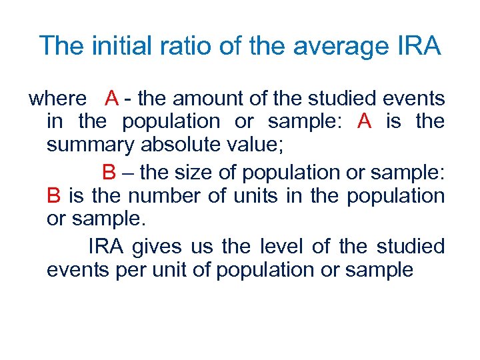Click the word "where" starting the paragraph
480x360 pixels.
point(58,99)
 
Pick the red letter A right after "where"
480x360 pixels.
point(111,99)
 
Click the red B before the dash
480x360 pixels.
point(109,173)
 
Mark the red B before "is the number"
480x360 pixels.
point(54,196)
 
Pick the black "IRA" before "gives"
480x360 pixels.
point(105,247)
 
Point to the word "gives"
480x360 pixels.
point(156,247)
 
